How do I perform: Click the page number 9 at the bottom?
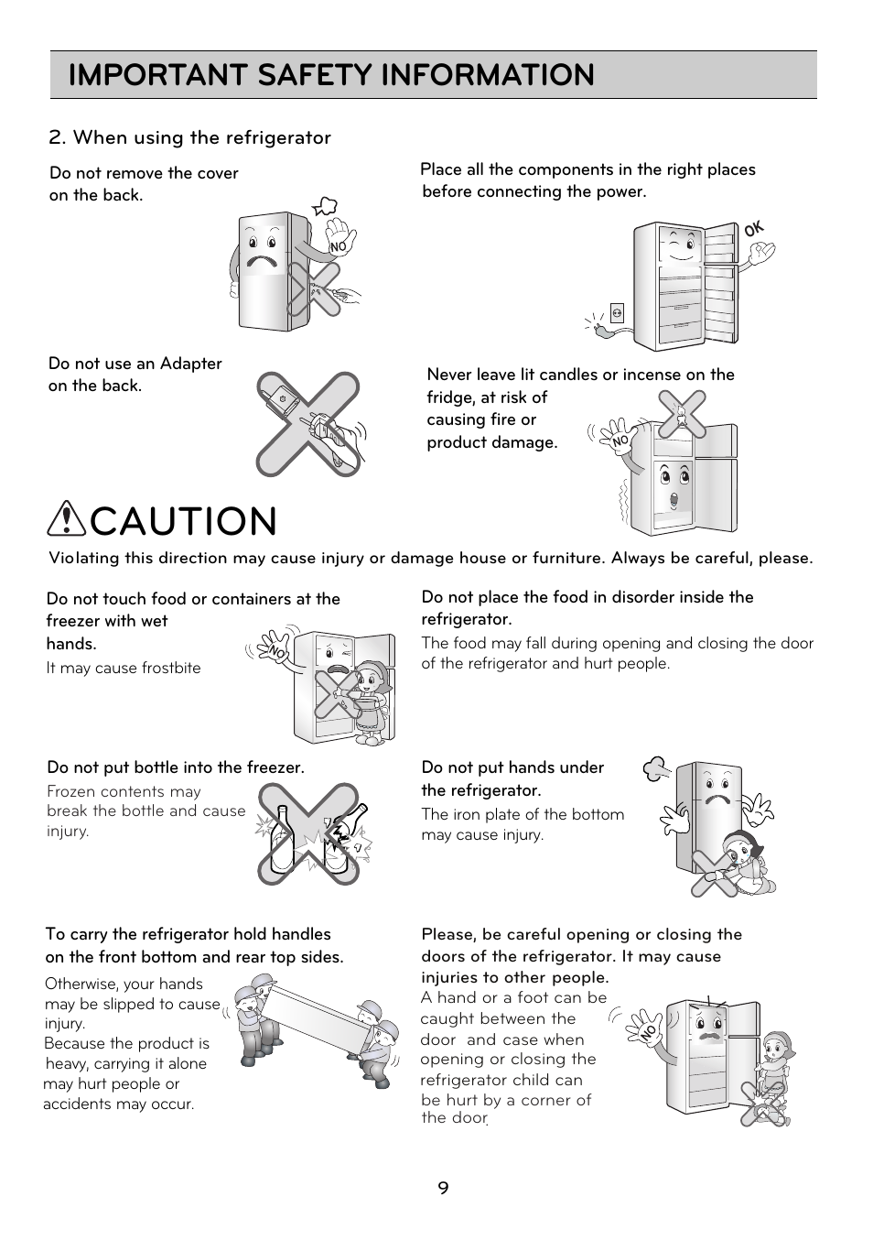click(x=443, y=1189)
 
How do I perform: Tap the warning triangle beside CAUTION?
click(x=68, y=520)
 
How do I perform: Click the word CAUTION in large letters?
click(x=184, y=521)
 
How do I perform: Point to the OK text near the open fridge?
click(x=753, y=231)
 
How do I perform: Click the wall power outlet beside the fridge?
click(x=618, y=312)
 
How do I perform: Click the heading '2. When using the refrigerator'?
click(x=189, y=137)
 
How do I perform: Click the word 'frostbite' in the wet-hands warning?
click(x=171, y=668)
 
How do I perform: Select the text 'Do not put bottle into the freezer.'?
click(x=175, y=767)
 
